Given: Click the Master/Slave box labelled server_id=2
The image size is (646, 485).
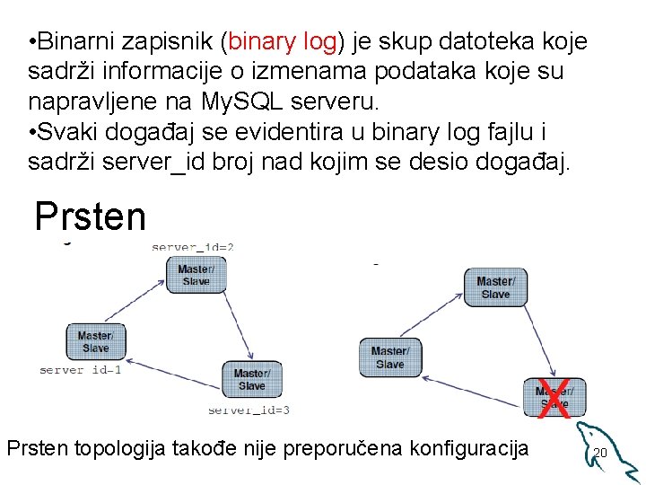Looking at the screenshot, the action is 196,275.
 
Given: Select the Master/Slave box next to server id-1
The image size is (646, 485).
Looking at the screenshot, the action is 95,341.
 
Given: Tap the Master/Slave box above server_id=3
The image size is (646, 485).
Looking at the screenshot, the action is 251,379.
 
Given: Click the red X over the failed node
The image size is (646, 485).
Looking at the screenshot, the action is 554,397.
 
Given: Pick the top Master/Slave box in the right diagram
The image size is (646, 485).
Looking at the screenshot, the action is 495,287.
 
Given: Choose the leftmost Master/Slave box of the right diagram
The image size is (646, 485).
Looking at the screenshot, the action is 389,357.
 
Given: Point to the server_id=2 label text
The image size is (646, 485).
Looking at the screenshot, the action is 193,246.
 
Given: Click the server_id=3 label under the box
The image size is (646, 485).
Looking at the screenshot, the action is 249,410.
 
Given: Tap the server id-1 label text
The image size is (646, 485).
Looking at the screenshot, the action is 81,369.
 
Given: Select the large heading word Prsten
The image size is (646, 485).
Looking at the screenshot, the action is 90,216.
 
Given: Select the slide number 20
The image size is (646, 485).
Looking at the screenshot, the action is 600,453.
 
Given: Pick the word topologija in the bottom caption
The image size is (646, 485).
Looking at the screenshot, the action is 139,448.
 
